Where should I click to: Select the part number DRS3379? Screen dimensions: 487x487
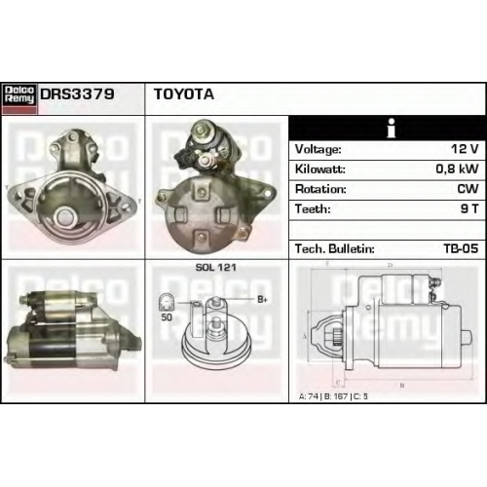[77, 94]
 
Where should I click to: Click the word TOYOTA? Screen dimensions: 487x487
[184, 94]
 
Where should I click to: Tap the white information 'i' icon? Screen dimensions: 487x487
[392, 128]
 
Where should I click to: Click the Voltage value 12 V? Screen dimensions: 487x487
[465, 149]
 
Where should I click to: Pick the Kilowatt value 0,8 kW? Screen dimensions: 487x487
[457, 169]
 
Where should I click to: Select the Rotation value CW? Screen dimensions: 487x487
[468, 189]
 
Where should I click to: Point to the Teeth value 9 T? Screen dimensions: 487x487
[469, 208]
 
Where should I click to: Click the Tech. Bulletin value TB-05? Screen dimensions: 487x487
[461, 248]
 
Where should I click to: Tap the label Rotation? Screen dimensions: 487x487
[320, 189]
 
